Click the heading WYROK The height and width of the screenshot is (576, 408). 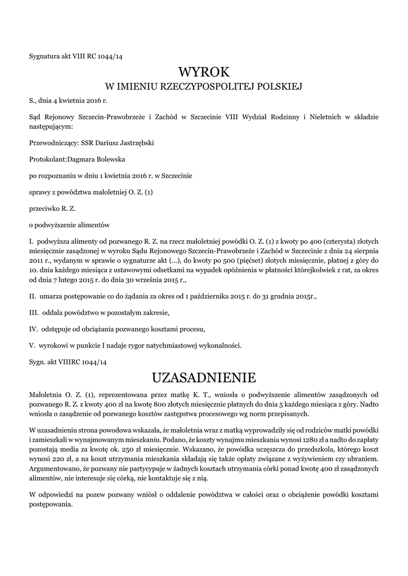click(204, 72)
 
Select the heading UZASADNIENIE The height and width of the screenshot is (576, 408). click(204, 376)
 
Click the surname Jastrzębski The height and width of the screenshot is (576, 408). click(134, 143)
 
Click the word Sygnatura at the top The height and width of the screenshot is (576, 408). click(43, 56)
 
